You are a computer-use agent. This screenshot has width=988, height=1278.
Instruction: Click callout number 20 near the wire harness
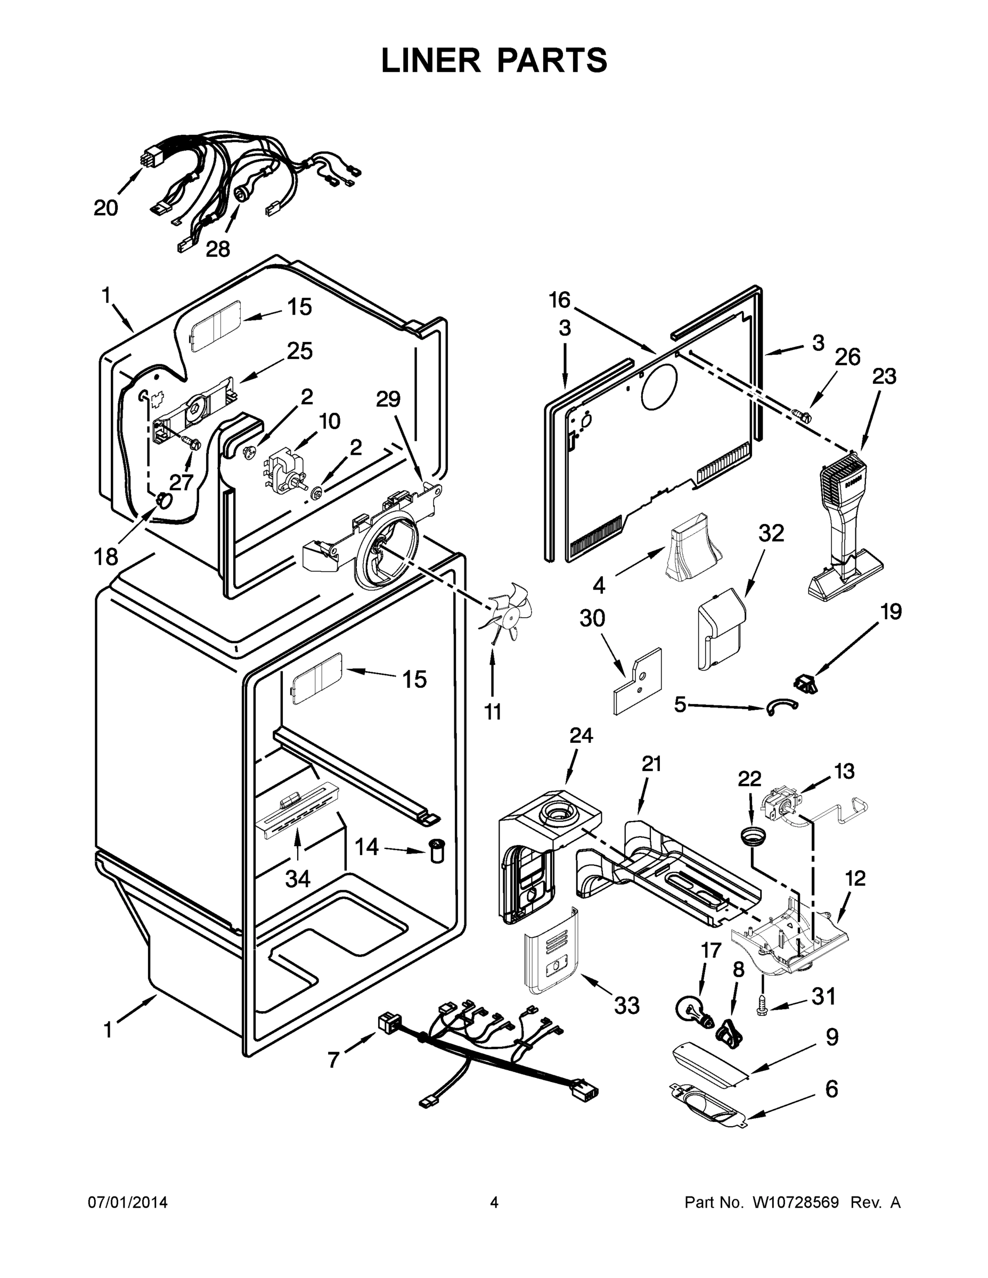click(x=106, y=208)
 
